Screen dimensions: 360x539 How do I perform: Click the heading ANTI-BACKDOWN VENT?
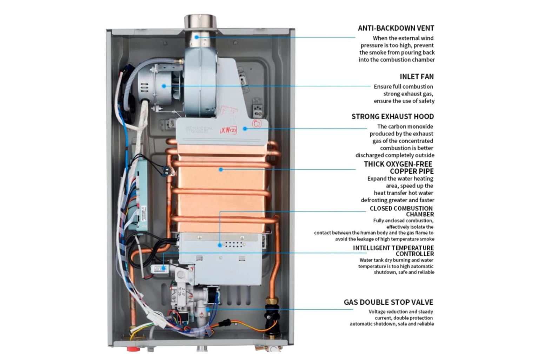[396, 28]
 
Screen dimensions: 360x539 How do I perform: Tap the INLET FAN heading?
[417, 77]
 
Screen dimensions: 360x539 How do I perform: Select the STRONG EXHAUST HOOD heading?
[393, 117]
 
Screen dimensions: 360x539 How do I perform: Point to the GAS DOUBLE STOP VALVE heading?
[388, 302]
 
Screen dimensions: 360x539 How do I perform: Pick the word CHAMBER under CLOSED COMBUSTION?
[420, 214]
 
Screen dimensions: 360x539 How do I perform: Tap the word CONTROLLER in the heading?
[415, 254]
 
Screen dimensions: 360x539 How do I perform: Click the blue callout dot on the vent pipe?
[197, 37]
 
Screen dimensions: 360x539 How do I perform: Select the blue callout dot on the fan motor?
[164, 86]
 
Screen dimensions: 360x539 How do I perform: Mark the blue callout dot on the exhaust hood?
[245, 129]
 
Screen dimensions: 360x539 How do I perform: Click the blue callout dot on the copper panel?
[221, 170]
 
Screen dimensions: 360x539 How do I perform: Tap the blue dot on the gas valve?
[208, 309]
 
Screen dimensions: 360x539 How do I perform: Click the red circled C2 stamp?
[257, 124]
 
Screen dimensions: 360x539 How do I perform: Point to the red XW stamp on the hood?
[228, 130]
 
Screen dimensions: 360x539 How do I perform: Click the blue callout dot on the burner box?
[220, 245]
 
